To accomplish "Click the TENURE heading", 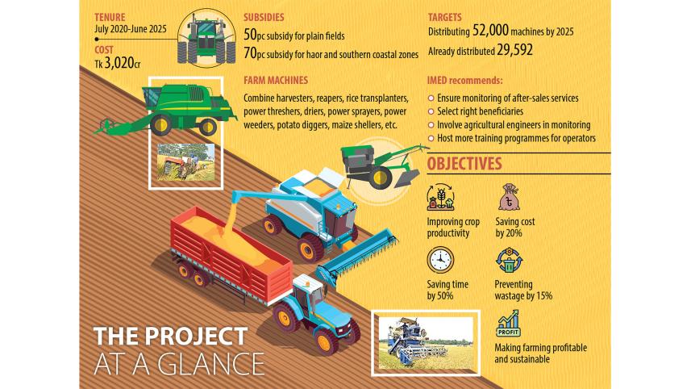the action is click(110, 17).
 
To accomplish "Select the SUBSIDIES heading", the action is click(264, 17).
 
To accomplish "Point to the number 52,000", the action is click(490, 31).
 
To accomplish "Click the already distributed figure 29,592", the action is click(514, 50).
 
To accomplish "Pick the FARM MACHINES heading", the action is click(276, 80).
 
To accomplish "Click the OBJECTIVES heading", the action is click(464, 164).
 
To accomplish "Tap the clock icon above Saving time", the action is click(440, 261).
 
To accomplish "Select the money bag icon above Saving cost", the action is click(509, 197).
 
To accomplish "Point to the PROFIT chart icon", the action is click(509, 323).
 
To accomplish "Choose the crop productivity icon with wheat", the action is click(440, 197).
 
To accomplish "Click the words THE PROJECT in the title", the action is click(170, 336).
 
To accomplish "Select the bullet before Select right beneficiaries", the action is click(431, 111).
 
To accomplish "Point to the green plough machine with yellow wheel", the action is click(381, 165).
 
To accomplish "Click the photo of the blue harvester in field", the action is click(426, 343).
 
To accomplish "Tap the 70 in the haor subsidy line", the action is click(250, 53).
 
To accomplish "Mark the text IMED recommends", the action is click(464, 80).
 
